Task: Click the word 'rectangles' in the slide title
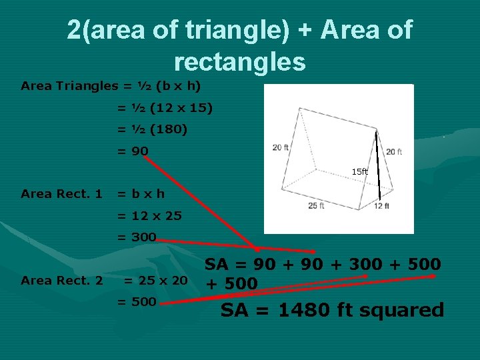[239, 61]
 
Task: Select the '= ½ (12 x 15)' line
[165, 107]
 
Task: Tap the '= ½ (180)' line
[153, 129]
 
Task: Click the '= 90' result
[133, 151]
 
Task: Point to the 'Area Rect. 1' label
[61, 194]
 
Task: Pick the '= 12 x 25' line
[150, 215]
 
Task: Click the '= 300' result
[137, 237]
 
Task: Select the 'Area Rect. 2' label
[61, 281]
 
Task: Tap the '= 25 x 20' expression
[155, 281]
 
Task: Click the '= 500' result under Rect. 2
[137, 302]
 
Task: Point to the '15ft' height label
[359, 172]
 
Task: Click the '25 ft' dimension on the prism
[316, 206]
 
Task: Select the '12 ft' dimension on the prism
[381, 207]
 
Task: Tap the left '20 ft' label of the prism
[281, 147]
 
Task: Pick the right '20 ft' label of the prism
[394, 152]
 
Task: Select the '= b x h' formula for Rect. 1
[141, 194]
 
